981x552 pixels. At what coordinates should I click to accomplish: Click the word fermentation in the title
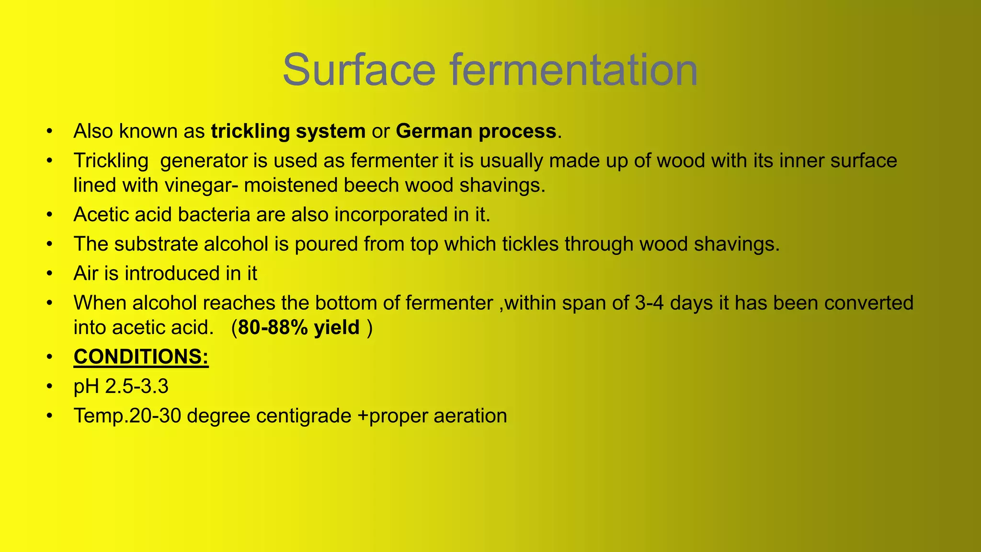click(x=573, y=70)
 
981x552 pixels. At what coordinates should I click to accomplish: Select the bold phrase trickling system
click(x=288, y=131)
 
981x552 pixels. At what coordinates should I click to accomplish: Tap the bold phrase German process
click(x=476, y=131)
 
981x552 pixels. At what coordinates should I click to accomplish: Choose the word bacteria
click(x=214, y=215)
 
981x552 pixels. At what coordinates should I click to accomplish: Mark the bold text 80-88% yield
click(x=298, y=328)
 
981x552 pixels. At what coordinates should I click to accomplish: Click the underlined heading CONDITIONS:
click(x=141, y=357)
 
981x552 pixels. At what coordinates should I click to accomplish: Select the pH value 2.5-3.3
click(x=137, y=387)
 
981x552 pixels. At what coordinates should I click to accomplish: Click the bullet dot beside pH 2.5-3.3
click(x=49, y=387)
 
